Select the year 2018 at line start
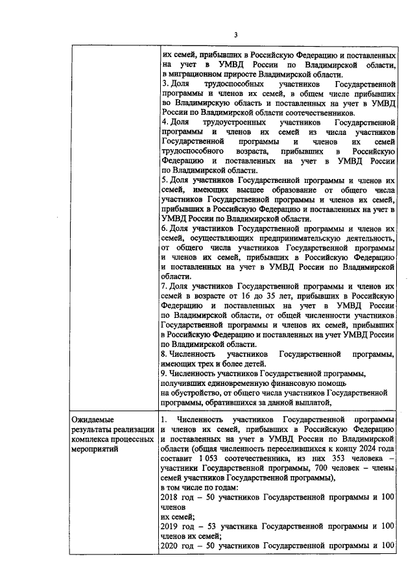point(169,497)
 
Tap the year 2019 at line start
point(169,526)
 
